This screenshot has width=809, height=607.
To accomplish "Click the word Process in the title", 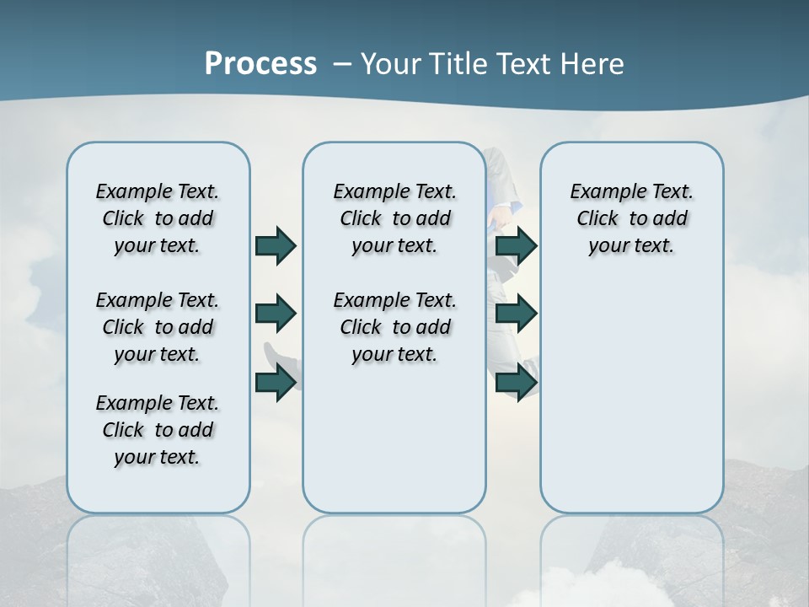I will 260,63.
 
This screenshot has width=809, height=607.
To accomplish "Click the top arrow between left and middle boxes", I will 276,245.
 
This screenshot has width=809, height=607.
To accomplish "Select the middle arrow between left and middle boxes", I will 276,314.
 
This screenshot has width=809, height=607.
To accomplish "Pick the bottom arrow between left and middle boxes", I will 276,382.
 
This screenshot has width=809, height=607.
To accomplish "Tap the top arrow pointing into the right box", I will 517,245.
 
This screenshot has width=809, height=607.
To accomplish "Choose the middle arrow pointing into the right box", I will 517,314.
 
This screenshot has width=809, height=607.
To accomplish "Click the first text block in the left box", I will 158,218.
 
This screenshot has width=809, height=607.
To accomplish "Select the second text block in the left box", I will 158,327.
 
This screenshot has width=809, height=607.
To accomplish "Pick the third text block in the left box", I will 158,430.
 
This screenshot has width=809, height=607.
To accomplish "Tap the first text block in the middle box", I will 394,218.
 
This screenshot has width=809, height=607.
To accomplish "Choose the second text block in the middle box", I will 394,327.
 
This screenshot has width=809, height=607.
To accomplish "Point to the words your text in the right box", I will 631,246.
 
